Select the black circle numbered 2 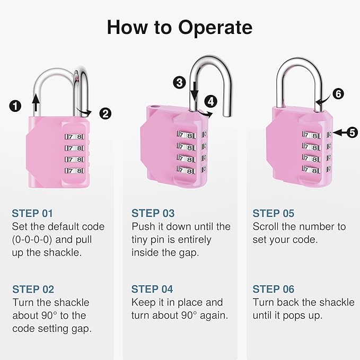pyautogui.click(x=106, y=112)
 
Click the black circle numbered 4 pyautogui.click(x=211, y=100)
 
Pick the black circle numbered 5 pyautogui.click(x=352, y=133)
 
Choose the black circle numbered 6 pyautogui.click(x=338, y=94)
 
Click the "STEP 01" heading pyautogui.click(x=32, y=214)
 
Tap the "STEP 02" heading pyautogui.click(x=33, y=289)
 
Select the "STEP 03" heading pyautogui.click(x=153, y=214)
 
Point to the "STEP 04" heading pyautogui.click(x=153, y=289)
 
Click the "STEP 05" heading pyautogui.click(x=273, y=214)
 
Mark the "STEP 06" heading pyautogui.click(x=273, y=289)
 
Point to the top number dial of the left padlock pyautogui.click(x=75, y=136)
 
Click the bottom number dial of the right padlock pyautogui.click(x=312, y=169)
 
